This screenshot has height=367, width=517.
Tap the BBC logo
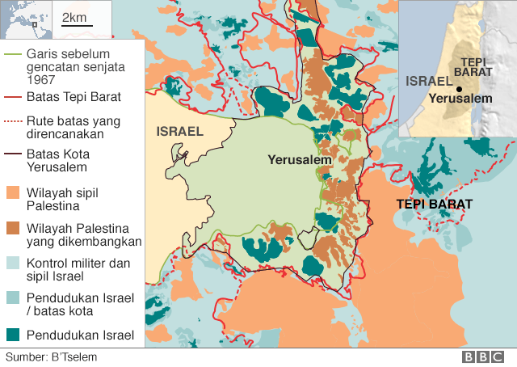click(x=483, y=356)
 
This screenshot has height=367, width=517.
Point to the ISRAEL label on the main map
click(x=179, y=131)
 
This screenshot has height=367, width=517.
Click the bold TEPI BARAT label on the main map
click(x=434, y=204)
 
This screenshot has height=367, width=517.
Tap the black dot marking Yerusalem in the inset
click(x=458, y=89)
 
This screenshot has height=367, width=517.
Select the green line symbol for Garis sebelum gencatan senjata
click(x=14, y=53)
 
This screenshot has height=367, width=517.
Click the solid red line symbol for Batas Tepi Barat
click(x=14, y=97)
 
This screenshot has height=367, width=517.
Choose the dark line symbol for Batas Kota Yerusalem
click(x=14, y=153)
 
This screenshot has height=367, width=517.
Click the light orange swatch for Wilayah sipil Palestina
click(x=14, y=194)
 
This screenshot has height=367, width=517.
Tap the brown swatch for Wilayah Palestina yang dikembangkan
click(x=14, y=228)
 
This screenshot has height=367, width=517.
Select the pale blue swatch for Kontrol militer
click(x=14, y=264)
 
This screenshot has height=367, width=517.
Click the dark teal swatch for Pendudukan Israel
click(x=14, y=334)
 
